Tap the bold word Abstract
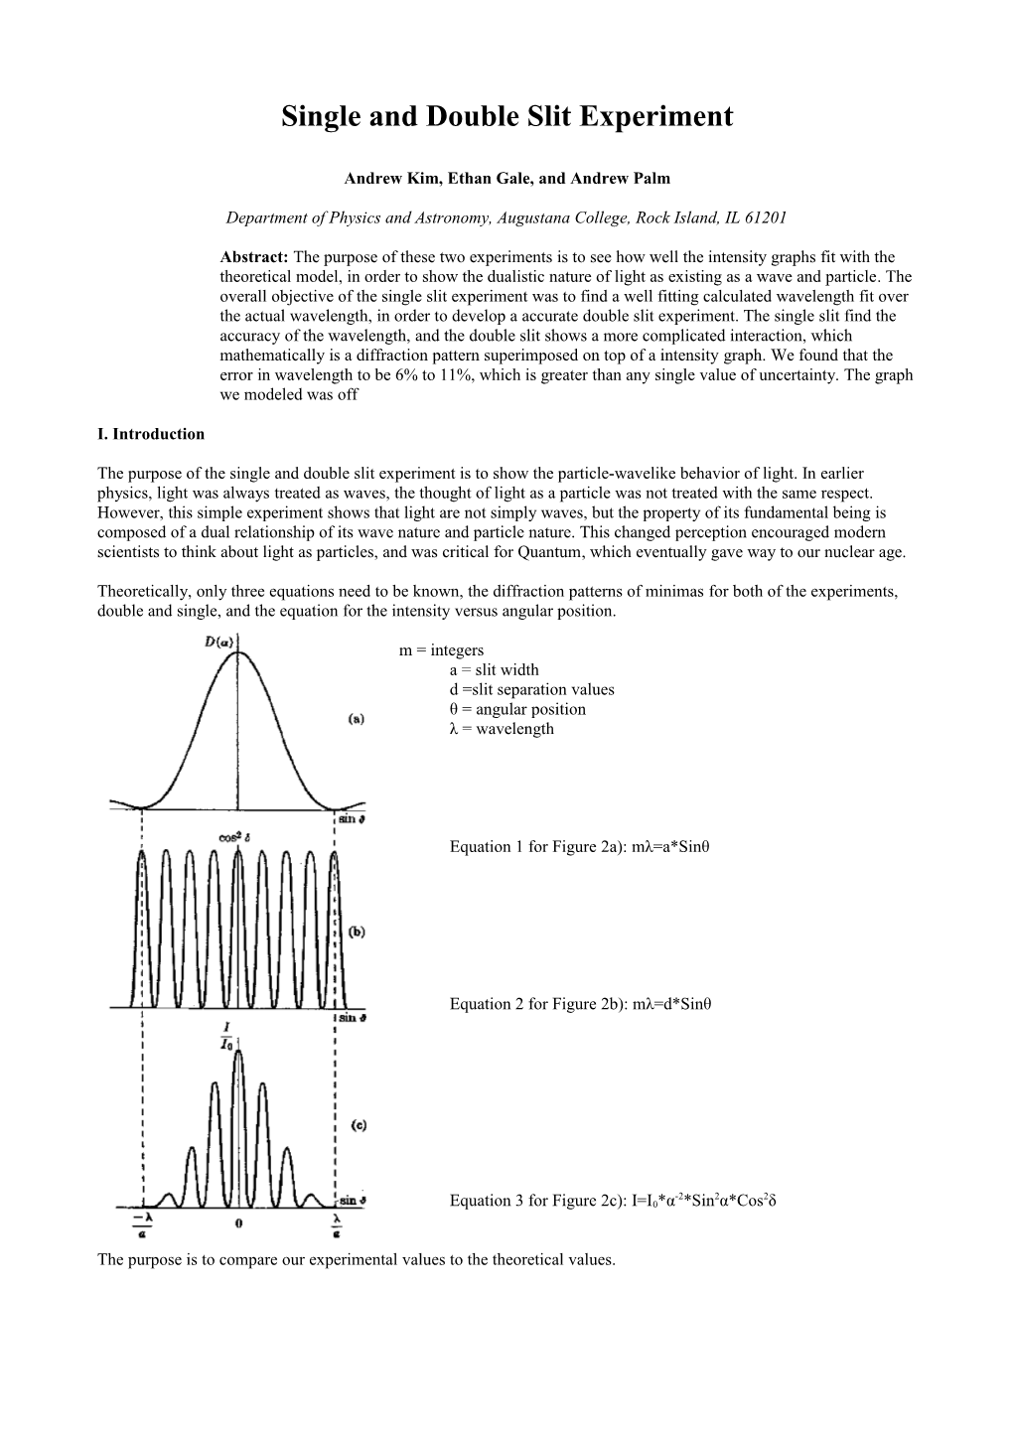pyautogui.click(x=252, y=258)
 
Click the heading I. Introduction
pyautogui.click(x=151, y=434)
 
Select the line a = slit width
pyautogui.click(x=494, y=670)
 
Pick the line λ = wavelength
pyautogui.click(x=502, y=729)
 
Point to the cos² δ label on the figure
pyautogui.click(x=235, y=836)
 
